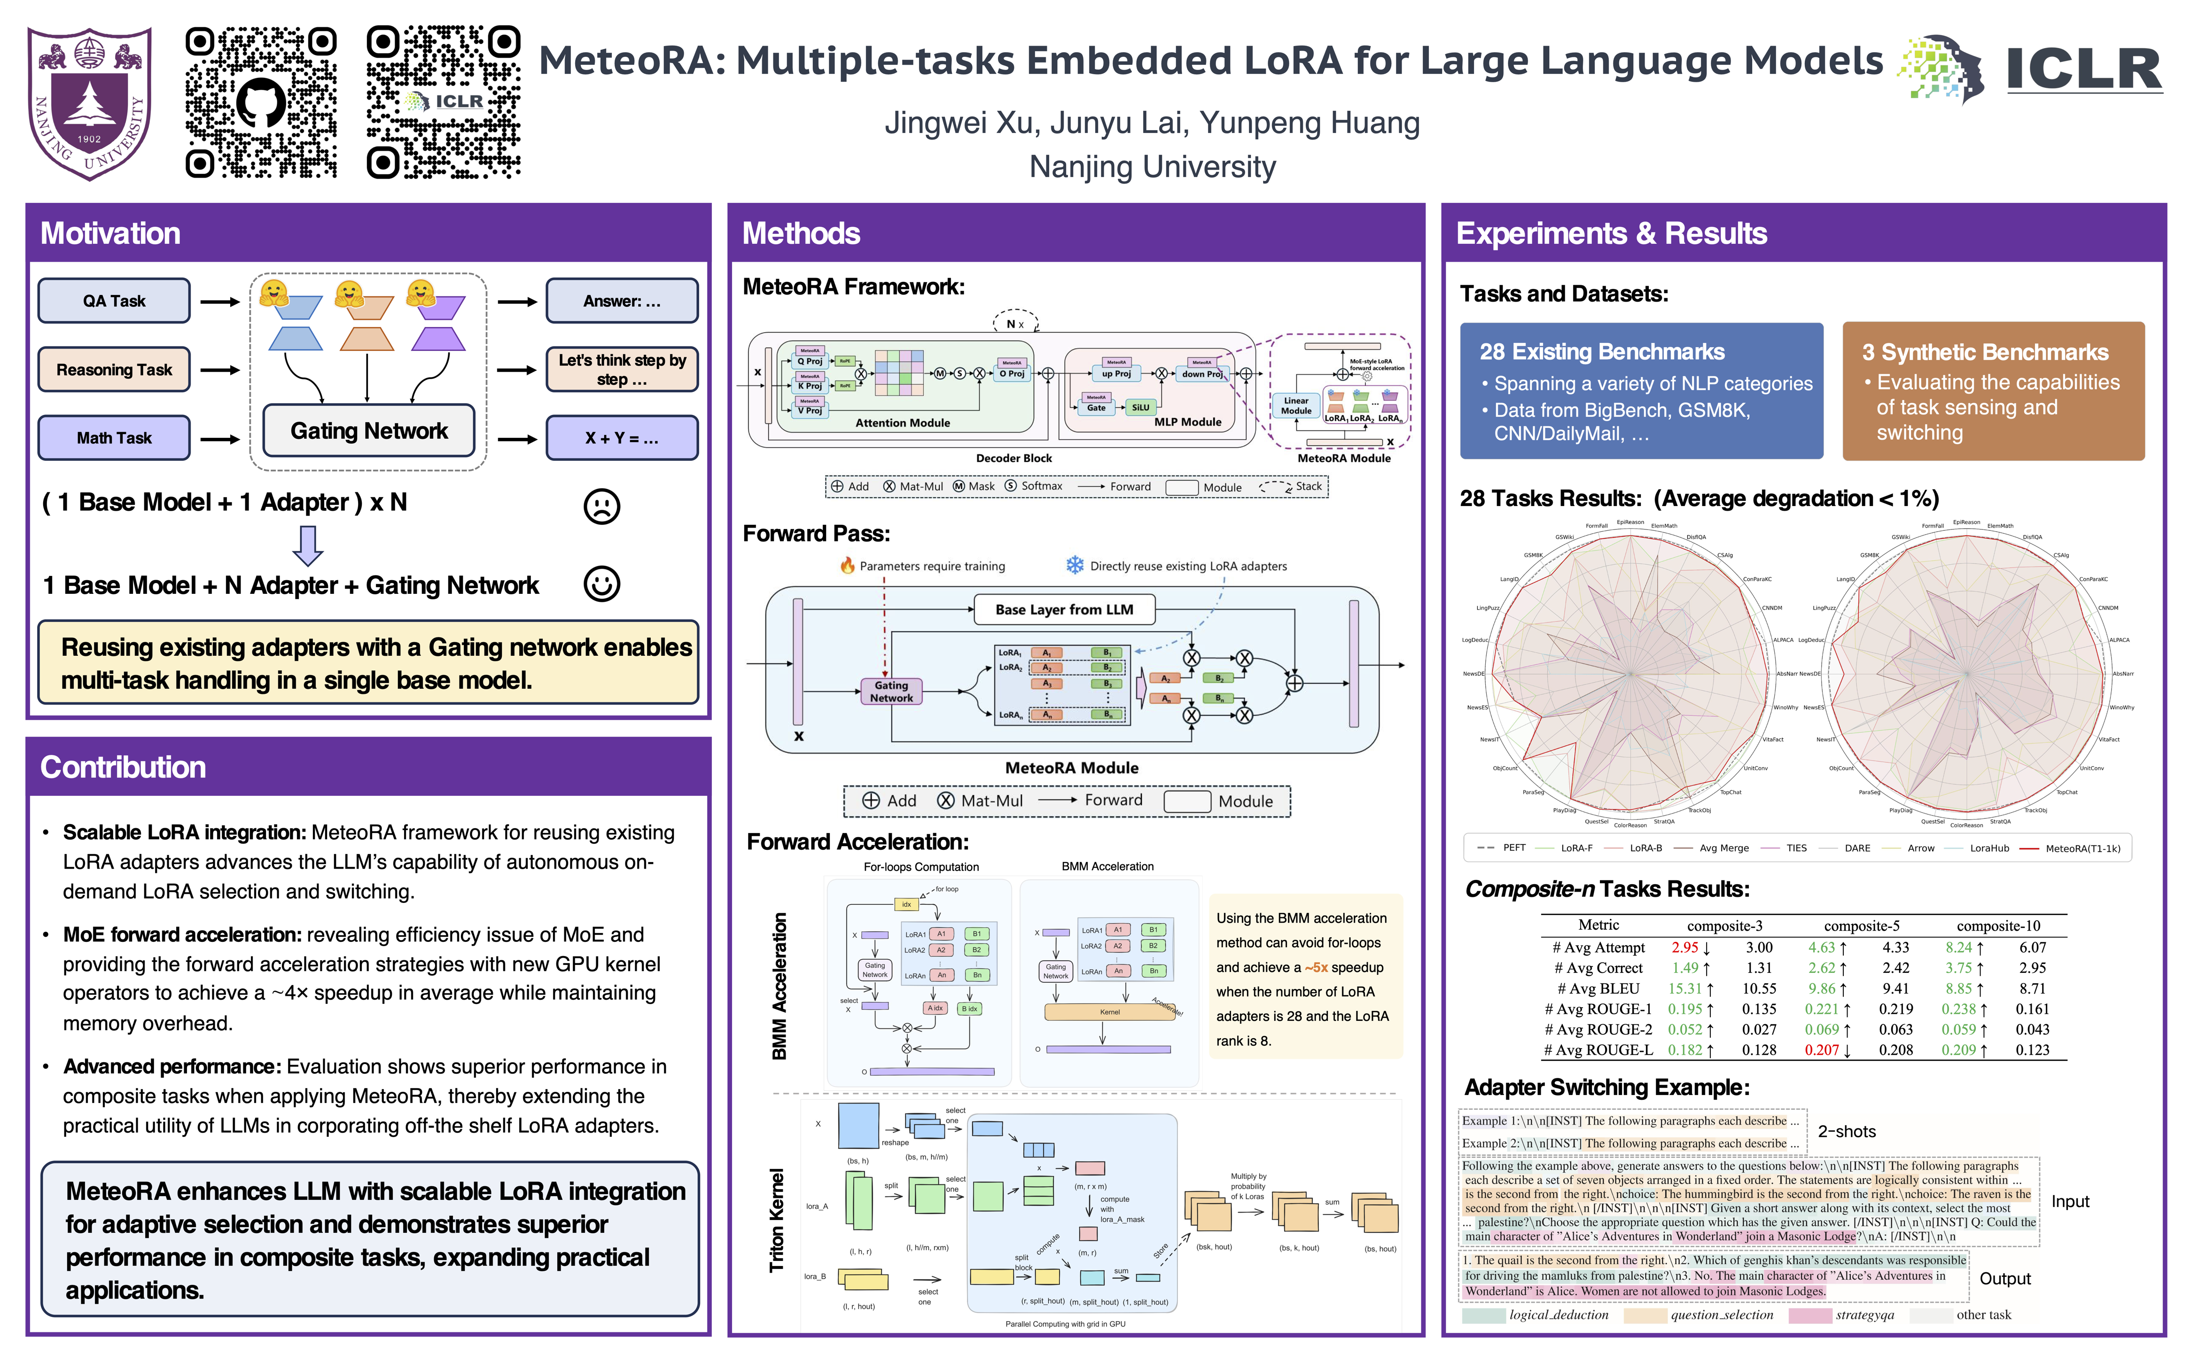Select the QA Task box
tap(114, 301)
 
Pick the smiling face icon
tap(601, 584)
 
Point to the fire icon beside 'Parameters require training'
tap(847, 566)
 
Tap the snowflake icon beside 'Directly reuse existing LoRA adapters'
tap(1074, 566)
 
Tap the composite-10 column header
tap(1998, 926)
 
